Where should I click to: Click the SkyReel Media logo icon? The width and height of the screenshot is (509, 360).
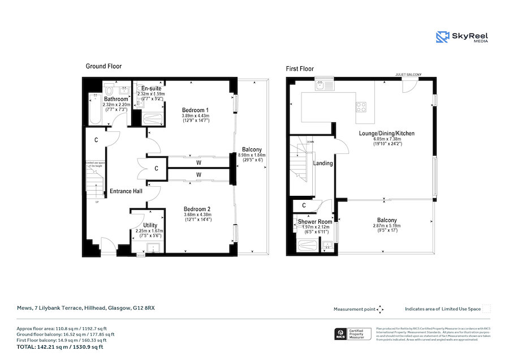443,37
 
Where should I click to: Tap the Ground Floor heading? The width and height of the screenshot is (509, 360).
103,66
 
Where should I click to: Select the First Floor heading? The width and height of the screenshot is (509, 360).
300,69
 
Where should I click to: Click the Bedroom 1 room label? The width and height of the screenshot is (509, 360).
195,110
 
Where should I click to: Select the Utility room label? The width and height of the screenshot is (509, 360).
150,225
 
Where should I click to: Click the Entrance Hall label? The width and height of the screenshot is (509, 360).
126,191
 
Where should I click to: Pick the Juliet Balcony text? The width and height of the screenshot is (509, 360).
408,74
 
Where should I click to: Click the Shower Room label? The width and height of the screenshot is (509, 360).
315,221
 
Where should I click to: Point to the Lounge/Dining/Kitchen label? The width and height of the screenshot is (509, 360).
387,134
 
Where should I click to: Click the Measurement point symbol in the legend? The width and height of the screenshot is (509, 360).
381,309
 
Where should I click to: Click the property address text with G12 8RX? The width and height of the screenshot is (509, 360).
85,309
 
